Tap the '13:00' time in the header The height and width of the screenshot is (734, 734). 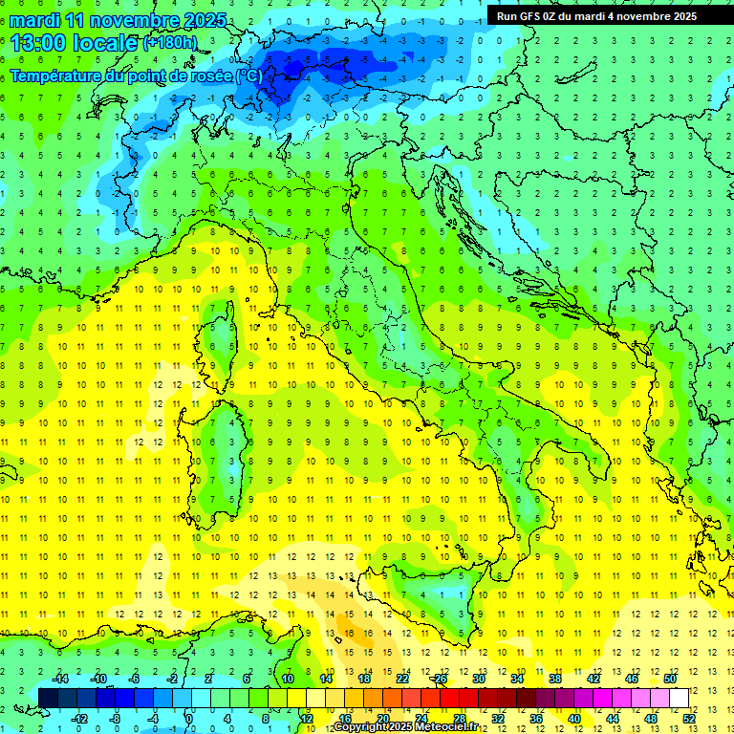pyautogui.click(x=37, y=42)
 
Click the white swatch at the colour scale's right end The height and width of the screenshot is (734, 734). pyautogui.click(x=679, y=698)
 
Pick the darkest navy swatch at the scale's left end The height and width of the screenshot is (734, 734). pyautogui.click(x=48, y=698)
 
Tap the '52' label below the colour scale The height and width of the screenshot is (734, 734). pyautogui.click(x=689, y=718)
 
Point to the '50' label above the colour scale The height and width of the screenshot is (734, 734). pyautogui.click(x=670, y=679)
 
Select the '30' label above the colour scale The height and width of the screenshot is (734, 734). pyautogui.click(x=478, y=679)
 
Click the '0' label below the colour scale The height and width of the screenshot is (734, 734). pyautogui.click(x=189, y=718)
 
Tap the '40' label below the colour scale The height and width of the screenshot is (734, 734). pyautogui.click(x=574, y=718)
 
